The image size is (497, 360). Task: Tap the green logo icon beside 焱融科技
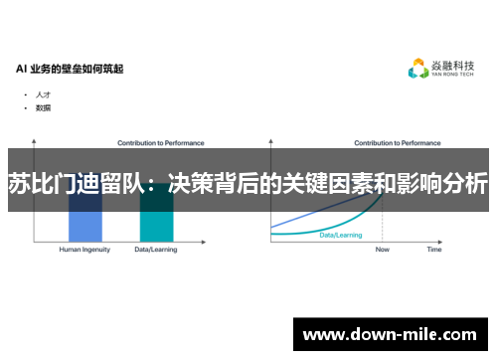pos(418,69)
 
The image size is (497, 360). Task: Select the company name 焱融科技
pos(453,66)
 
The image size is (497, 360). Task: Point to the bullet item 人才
pos(43,94)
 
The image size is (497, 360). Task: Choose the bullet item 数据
pos(43,107)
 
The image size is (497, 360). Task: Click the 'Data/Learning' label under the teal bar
pos(156,250)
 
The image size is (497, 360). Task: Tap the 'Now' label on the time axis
pos(383,250)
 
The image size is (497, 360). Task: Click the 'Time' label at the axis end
pos(434,250)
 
